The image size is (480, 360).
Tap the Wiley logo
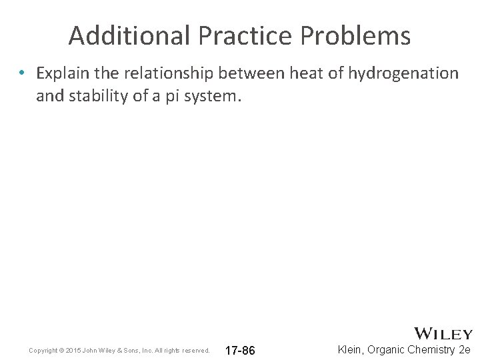pos(443,333)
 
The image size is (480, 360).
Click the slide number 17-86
pos(240,351)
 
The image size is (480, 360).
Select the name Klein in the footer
pos(351,350)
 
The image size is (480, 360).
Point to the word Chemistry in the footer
pos(431,350)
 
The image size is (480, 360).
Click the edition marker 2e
pos(465,350)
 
